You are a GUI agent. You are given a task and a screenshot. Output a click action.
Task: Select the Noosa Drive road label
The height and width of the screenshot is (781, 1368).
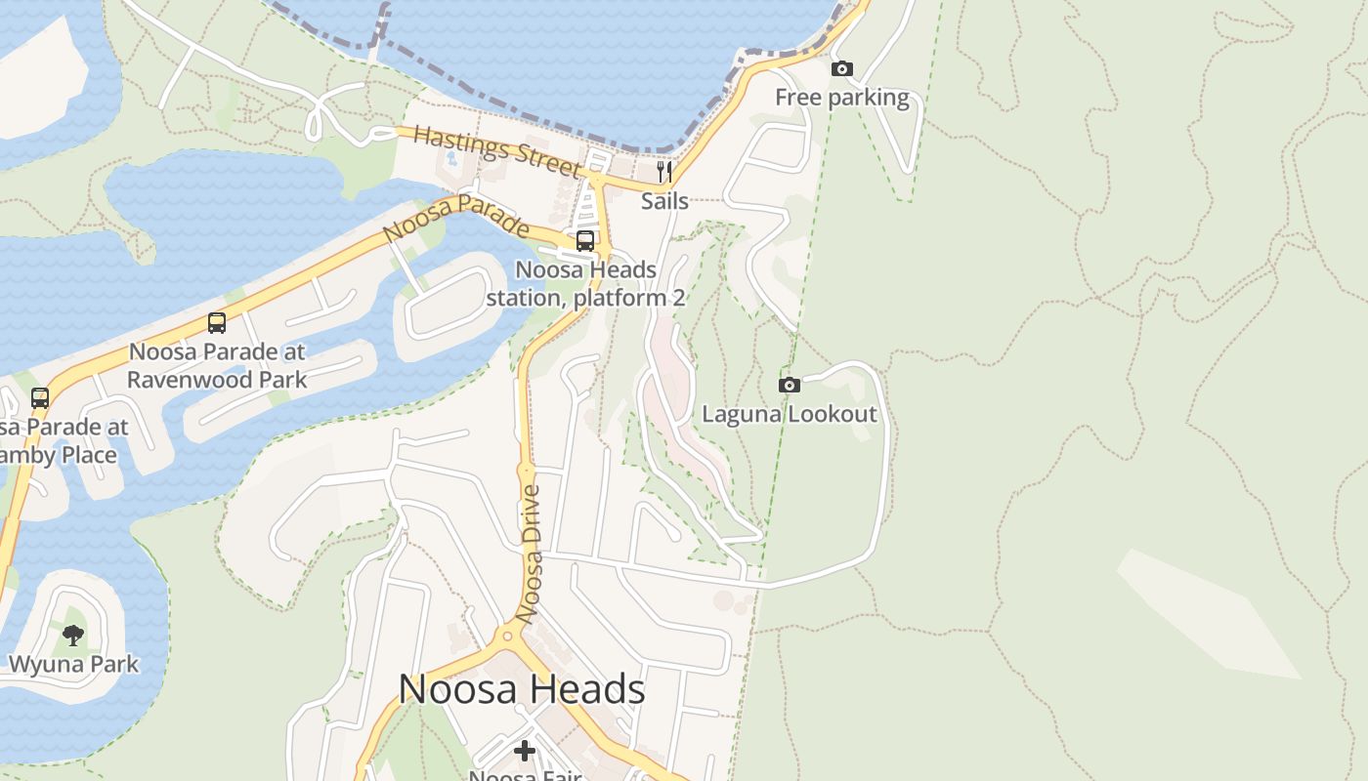tap(530, 554)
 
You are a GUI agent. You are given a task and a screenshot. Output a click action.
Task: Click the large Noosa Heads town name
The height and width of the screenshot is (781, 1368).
tap(522, 689)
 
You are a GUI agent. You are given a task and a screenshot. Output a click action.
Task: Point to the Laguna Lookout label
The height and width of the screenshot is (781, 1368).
tap(790, 414)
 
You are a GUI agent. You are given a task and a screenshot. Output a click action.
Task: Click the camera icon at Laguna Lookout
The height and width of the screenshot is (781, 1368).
tap(790, 385)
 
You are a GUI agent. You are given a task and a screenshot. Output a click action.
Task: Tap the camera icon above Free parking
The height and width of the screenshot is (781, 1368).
tap(841, 68)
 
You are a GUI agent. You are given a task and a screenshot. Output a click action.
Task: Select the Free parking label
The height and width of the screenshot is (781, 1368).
tap(841, 98)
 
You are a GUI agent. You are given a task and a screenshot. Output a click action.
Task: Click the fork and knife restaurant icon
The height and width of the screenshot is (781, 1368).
tap(664, 173)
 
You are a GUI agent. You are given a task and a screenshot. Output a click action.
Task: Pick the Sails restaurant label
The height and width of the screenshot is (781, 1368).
tap(664, 201)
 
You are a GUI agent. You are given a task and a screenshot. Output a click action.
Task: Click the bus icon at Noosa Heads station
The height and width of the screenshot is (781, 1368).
tap(585, 240)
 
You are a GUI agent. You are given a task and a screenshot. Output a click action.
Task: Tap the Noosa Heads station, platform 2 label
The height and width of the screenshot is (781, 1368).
tap(585, 283)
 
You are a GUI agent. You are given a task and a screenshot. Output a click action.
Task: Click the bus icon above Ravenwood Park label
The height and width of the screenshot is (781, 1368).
tap(217, 322)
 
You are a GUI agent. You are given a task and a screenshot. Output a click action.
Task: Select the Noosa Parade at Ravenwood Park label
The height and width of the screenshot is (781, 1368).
tap(217, 365)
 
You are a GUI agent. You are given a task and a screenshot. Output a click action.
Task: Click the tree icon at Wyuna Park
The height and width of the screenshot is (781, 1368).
tap(73, 636)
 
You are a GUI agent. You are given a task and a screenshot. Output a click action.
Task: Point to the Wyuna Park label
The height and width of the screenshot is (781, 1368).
tap(73, 665)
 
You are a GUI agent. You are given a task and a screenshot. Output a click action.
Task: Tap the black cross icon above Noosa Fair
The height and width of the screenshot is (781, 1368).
tap(525, 750)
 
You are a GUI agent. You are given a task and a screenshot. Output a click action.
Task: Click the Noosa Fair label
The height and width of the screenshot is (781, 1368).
tap(525, 775)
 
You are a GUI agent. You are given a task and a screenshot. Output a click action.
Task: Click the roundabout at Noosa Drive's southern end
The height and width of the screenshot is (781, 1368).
tap(506, 638)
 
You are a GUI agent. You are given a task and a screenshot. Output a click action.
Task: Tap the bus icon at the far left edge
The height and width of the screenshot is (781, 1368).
tap(40, 397)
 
